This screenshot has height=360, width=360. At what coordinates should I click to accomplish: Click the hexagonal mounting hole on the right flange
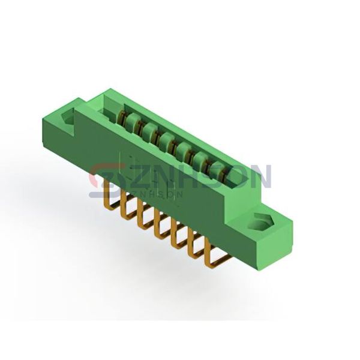(262, 222)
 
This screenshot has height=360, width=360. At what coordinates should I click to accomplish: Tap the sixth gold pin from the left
(197, 245)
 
